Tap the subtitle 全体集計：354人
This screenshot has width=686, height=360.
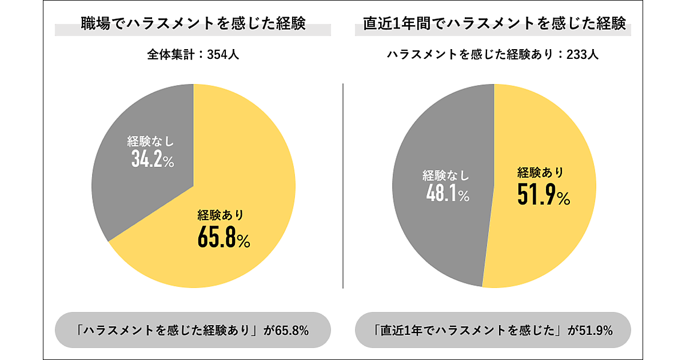pyautogui.click(x=193, y=55)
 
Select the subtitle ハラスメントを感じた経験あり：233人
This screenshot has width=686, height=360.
pyautogui.click(x=492, y=55)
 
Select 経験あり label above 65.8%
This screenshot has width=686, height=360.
pyautogui.click(x=221, y=215)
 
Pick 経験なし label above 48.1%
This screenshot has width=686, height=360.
pyautogui.click(x=445, y=174)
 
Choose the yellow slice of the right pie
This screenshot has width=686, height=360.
pyautogui.click(x=549, y=240)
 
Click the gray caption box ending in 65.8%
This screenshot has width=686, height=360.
pyautogui.click(x=193, y=330)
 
